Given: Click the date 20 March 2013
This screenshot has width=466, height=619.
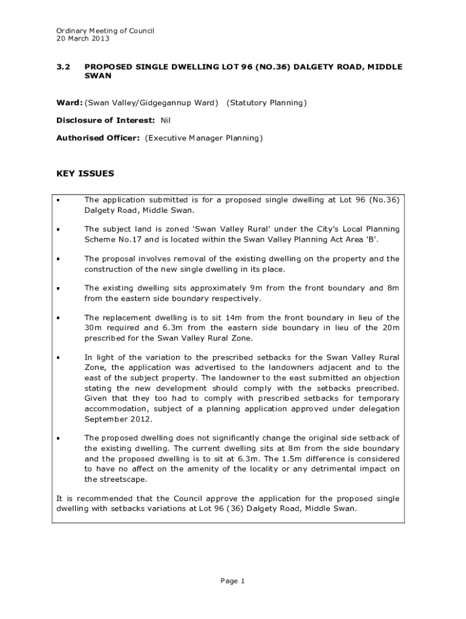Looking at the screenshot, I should (x=83, y=39).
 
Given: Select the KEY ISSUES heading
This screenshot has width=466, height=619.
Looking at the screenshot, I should (x=85, y=174).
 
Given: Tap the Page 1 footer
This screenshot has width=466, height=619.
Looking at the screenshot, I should (x=232, y=581).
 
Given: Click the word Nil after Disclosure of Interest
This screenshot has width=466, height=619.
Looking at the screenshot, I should (x=165, y=120).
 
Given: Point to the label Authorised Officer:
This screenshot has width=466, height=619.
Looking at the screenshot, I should (x=98, y=138).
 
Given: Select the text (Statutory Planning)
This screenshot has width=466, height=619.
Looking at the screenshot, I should (x=266, y=103).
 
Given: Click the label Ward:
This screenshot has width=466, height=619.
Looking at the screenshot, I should (x=69, y=103).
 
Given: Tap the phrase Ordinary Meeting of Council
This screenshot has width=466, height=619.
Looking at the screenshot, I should (x=105, y=30).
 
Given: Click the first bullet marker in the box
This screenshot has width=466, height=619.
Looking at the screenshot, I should (x=59, y=199).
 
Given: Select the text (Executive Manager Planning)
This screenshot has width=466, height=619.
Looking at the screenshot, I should (x=204, y=138).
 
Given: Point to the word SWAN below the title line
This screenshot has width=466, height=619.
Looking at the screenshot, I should (x=97, y=77).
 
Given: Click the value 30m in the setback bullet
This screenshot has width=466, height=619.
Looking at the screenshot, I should (x=92, y=328).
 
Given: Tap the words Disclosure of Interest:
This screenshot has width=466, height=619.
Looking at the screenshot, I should (x=105, y=120).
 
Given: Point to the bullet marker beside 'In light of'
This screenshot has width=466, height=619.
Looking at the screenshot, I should (x=59, y=357).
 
